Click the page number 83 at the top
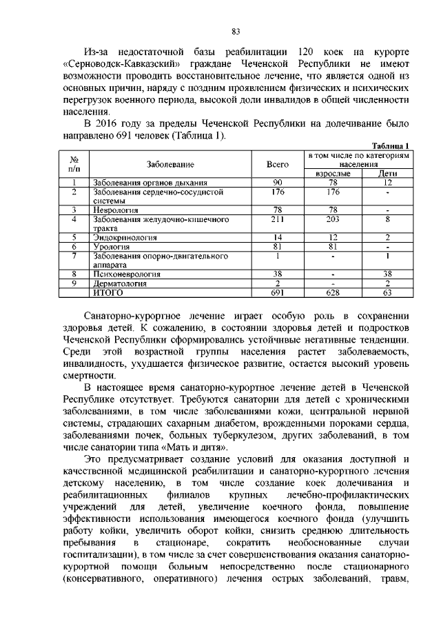pyautogui.click(x=235, y=32)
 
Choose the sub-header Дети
pyautogui.click(x=387, y=174)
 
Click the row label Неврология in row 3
pyautogui.click(x=116, y=210)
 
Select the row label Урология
pyautogui.click(x=112, y=246)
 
